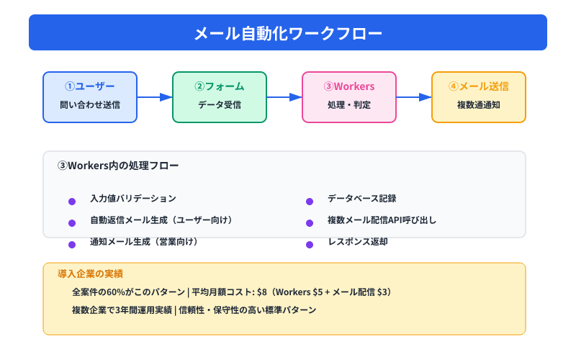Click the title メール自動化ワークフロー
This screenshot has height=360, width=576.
(x=288, y=33)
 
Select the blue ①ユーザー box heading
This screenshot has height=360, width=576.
(x=90, y=86)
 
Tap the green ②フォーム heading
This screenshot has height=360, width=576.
(x=220, y=86)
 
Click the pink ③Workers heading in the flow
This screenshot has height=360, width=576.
(x=349, y=86)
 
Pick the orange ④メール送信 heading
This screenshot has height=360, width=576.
(x=479, y=86)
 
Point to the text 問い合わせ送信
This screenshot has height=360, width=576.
(x=90, y=105)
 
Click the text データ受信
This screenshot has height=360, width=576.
(x=220, y=105)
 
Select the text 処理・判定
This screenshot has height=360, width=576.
(x=349, y=105)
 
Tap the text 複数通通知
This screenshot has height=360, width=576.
(x=479, y=105)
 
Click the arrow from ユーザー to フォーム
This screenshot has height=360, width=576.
(x=155, y=97)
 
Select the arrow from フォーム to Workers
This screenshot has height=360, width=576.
(x=284, y=97)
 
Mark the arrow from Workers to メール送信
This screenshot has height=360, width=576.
(x=414, y=97)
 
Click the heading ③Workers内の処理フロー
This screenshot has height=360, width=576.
(x=118, y=166)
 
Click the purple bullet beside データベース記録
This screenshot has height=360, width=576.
(x=310, y=202)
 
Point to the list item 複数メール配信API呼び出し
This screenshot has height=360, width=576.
(x=382, y=220)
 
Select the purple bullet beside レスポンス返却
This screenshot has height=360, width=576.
(x=310, y=245)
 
